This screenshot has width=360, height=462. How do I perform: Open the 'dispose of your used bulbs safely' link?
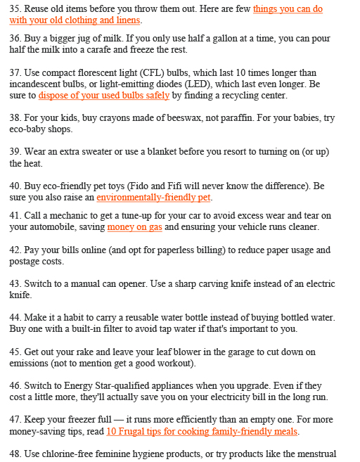pos(104,95)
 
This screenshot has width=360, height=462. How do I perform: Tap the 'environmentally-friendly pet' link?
pos(153,198)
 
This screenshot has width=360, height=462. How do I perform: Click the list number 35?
pos(15,9)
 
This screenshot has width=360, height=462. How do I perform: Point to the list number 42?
pos(15,250)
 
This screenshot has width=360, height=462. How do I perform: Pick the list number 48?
pos(15,454)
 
